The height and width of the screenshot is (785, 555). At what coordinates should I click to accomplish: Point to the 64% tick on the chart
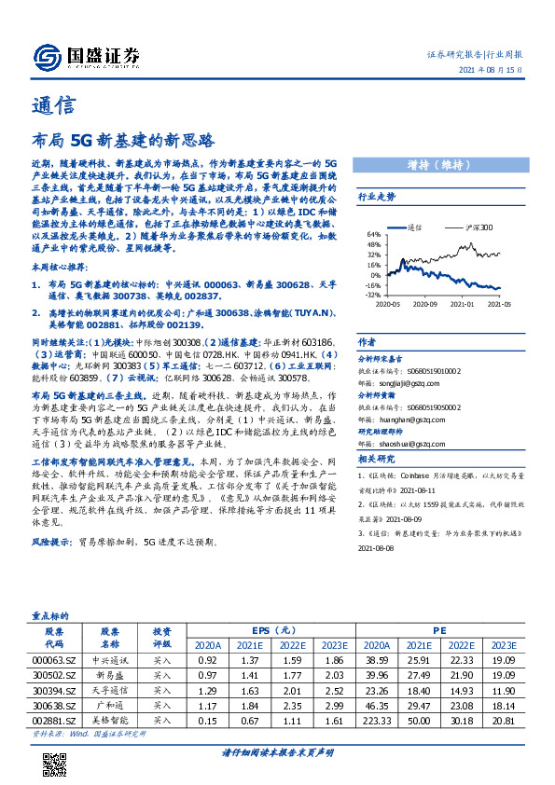point(373,234)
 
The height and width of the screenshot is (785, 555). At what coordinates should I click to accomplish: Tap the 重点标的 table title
point(51,615)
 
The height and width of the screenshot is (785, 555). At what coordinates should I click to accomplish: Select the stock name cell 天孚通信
point(110,691)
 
